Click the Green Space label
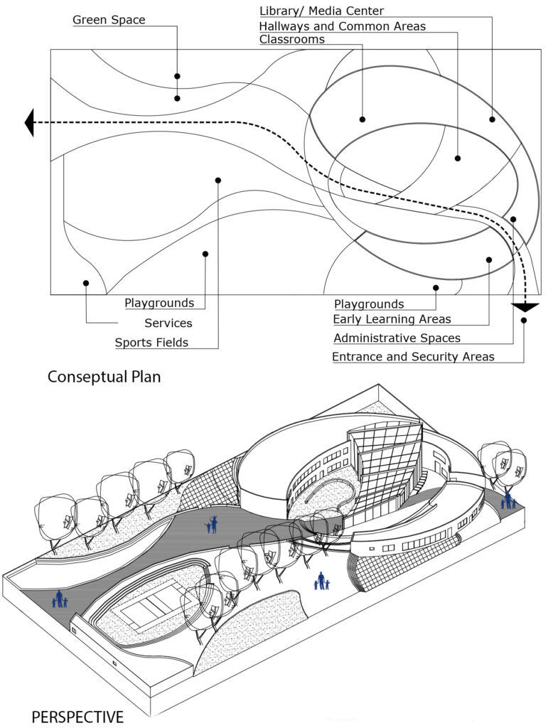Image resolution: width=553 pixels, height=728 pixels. coord(109,20)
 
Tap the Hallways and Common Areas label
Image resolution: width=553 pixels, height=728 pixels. coord(343,26)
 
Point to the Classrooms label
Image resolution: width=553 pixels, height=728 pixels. coord(291,40)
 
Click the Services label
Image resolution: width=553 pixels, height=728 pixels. coord(168,323)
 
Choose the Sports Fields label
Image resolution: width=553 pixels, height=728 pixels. coord(151,343)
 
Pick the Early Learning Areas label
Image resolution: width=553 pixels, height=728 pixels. coord(392,319)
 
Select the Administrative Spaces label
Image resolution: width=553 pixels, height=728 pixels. coord(397,338)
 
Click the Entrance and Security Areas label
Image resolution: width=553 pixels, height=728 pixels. coord(413,357)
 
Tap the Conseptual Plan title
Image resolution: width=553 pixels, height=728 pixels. coord(104,377)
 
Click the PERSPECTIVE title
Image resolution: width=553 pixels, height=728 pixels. coord(77,716)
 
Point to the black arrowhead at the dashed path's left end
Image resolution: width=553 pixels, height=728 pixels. coord(30,122)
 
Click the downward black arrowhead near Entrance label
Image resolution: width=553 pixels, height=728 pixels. coord(525,307)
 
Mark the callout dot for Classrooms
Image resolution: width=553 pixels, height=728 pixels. coord(362,119)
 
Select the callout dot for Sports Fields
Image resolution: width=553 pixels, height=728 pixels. coord(218,181)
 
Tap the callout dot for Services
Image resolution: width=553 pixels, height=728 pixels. coord(86,283)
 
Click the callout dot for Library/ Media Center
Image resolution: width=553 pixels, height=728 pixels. coord(492,119)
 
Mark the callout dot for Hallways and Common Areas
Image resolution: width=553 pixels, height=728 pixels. coord(458,158)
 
